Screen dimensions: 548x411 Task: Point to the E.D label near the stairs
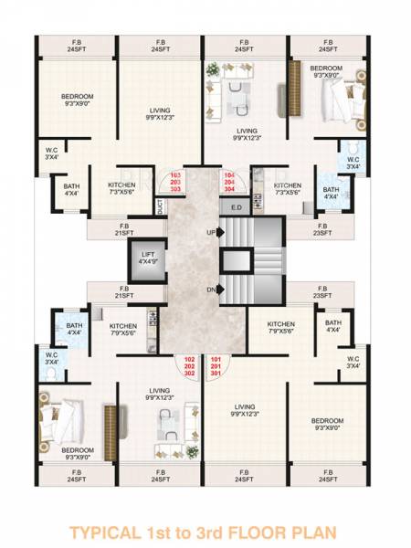click(x=236, y=207)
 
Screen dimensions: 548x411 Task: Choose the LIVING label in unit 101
click(x=243, y=407)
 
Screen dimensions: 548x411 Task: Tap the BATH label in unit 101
click(x=333, y=323)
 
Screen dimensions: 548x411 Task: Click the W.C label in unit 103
click(x=50, y=153)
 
